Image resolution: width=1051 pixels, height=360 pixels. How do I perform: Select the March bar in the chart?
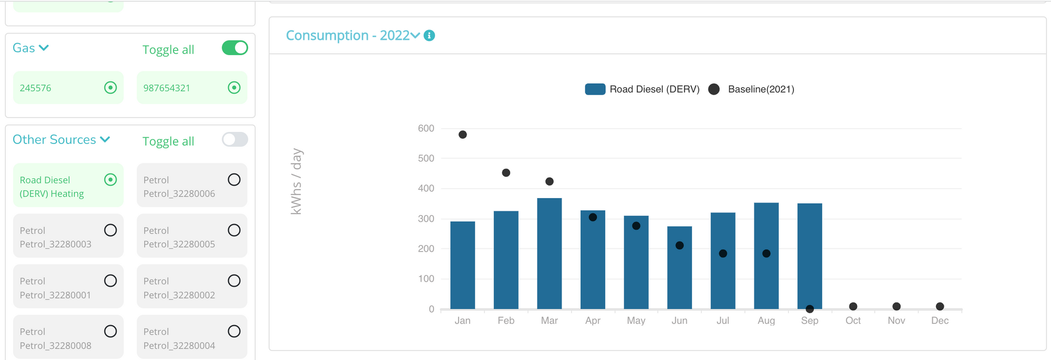coord(549,253)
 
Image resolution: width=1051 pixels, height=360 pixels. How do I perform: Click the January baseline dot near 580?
coord(462,135)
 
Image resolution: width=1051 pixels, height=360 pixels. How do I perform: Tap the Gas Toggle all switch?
coord(234,48)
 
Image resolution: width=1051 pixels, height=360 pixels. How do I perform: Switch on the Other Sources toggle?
coord(234,139)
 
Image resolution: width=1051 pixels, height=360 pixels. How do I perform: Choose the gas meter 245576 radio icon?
coord(110,88)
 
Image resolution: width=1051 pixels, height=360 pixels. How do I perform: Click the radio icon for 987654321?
coord(234,88)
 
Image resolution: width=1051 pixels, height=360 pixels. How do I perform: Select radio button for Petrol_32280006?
coord(234,180)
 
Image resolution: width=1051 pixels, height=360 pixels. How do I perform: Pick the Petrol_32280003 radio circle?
coord(110,230)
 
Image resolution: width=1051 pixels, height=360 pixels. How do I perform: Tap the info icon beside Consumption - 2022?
coord(429,36)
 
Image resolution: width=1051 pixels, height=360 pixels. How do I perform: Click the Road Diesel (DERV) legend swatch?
coord(595,89)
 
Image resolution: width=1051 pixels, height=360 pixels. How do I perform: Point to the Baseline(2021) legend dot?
coord(714,89)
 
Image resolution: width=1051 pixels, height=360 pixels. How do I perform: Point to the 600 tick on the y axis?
coord(426,128)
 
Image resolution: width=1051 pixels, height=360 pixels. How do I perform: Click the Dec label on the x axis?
coord(940,321)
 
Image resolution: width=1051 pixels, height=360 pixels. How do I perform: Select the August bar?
coord(766,256)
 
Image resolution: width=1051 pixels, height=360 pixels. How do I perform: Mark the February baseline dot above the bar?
coord(506,173)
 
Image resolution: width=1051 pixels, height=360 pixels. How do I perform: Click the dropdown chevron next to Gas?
coord(44,48)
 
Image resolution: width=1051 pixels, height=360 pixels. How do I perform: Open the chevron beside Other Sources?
coord(105,139)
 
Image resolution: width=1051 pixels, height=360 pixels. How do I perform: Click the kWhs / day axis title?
coord(296,181)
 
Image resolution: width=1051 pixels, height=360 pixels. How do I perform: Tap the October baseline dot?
coord(853,306)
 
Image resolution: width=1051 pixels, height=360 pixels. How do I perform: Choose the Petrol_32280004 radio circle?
coord(234,331)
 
